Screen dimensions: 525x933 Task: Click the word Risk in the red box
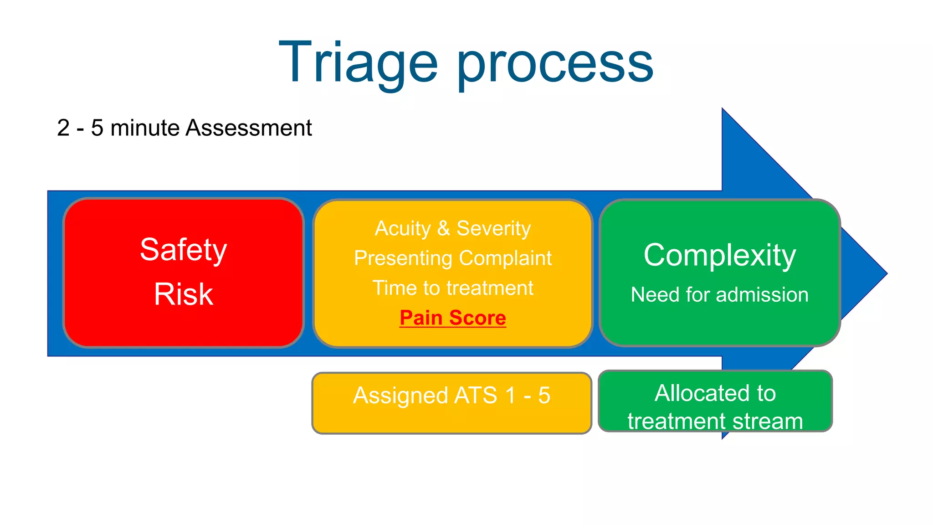[x=183, y=294]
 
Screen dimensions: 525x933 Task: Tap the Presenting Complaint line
[x=453, y=258]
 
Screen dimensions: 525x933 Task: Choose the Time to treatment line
[x=453, y=288]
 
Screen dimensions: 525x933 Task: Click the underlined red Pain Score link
[x=453, y=318]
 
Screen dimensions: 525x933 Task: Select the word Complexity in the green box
[x=720, y=255]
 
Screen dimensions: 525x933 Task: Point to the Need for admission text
[x=720, y=294]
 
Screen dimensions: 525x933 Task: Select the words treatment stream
[x=715, y=421]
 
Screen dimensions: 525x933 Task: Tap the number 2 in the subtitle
[x=63, y=128]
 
